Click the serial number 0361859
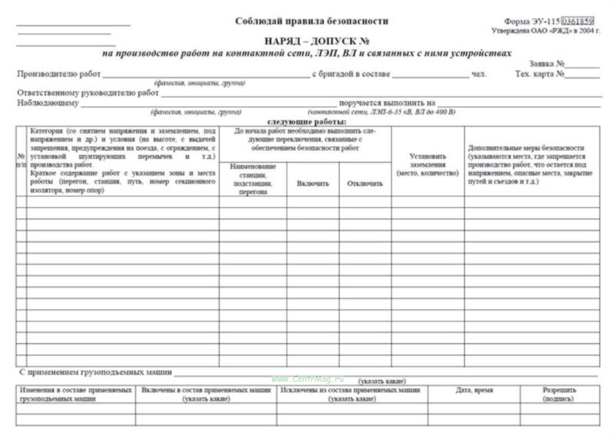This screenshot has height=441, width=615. [x=578, y=21]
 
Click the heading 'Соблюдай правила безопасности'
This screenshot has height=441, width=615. [x=312, y=21]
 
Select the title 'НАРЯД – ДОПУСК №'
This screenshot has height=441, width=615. [x=317, y=41]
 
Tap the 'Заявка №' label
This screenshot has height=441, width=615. [x=547, y=64]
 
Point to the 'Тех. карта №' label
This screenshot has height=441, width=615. [x=540, y=74]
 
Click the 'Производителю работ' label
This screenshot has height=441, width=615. [x=59, y=74]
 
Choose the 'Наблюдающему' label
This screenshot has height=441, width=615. [x=48, y=103]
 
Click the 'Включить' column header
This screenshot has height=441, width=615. [x=313, y=183]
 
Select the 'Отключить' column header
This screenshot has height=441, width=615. [x=365, y=183]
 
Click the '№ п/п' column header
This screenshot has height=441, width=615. [x=21, y=160]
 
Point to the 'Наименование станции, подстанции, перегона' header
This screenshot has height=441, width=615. [x=253, y=179]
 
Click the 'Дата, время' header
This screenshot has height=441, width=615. [x=474, y=390]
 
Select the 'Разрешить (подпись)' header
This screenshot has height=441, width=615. [x=559, y=394]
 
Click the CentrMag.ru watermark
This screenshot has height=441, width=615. [x=307, y=379]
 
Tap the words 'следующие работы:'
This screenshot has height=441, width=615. [x=307, y=122]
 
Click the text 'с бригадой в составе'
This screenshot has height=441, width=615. [x=351, y=74]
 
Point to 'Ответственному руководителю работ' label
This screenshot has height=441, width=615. [x=88, y=93]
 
